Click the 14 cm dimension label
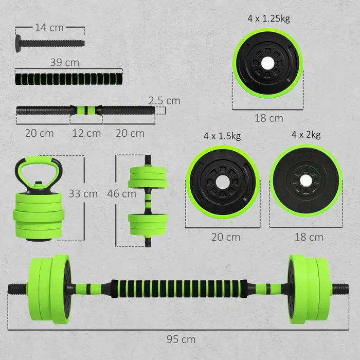point(49,28)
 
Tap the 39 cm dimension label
point(65,63)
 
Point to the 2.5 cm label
point(165,100)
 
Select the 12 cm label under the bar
point(86,133)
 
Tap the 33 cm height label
point(83,194)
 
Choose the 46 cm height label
point(122,194)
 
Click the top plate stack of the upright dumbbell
point(148,177)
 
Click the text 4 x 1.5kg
point(222,136)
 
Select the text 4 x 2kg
point(305,135)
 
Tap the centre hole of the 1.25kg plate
point(268,63)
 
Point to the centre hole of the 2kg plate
point(306,180)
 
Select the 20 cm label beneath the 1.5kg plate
point(225,237)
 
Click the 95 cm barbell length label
point(181,339)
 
